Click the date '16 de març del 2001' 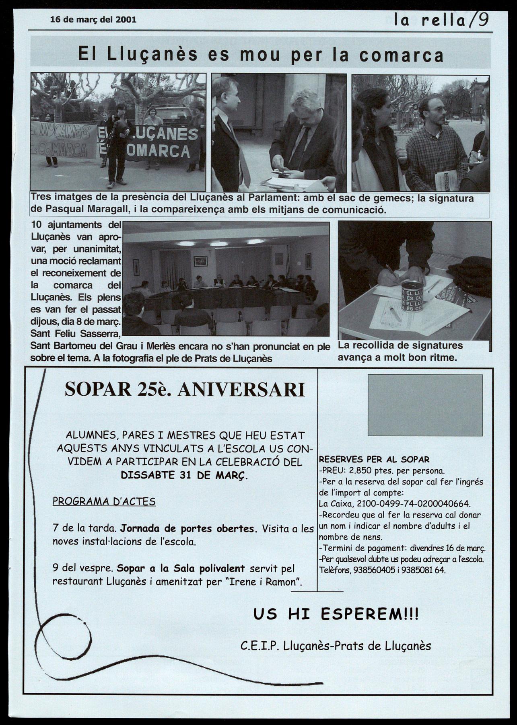[93, 19]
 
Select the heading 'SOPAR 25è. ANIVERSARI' [185, 389]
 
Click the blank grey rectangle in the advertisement [425, 405]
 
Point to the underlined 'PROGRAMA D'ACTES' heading [104, 501]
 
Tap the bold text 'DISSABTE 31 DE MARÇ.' [184, 475]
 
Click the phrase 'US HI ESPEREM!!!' [336, 614]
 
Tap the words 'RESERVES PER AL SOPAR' [374, 459]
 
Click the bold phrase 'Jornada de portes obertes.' [189, 528]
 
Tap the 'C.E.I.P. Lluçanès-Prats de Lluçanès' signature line [336, 646]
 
